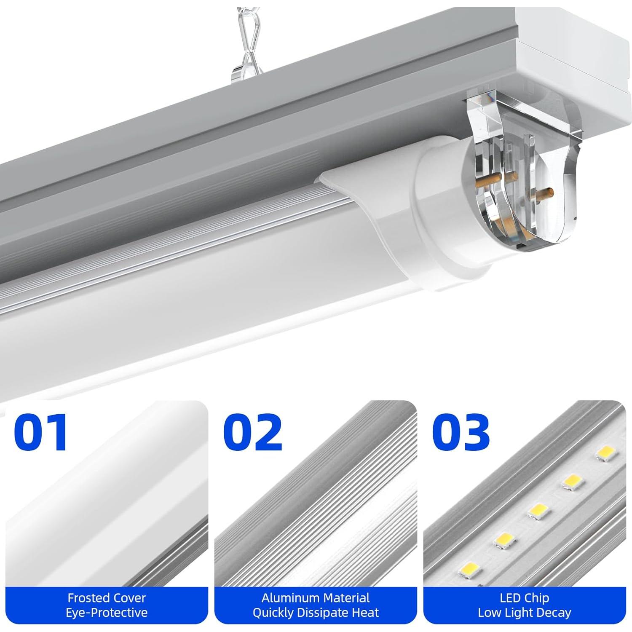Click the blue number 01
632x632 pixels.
click(x=41, y=432)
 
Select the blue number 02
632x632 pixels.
click(x=252, y=432)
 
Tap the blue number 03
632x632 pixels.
click(x=461, y=432)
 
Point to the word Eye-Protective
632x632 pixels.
click(x=107, y=612)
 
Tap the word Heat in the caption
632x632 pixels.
click(x=367, y=612)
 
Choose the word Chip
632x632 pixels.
click(x=537, y=598)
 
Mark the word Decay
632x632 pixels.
click(x=556, y=612)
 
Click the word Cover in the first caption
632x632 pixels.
click(x=131, y=598)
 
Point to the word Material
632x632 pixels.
click(x=345, y=598)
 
